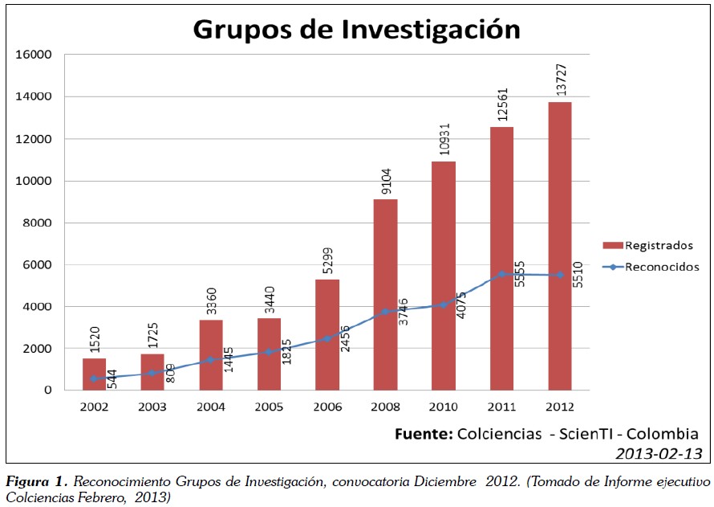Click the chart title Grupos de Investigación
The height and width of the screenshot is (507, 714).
click(356, 30)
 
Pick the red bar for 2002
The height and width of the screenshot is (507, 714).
click(94, 374)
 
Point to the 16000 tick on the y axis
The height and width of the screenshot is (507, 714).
click(34, 55)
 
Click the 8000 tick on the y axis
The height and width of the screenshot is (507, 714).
click(38, 223)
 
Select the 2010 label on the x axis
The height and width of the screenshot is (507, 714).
click(444, 406)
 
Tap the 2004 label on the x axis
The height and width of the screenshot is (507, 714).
click(211, 406)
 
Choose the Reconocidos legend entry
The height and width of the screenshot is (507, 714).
click(662, 266)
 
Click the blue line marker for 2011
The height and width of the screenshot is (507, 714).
click(502, 273)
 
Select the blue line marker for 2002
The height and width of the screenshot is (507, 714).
click(94, 378)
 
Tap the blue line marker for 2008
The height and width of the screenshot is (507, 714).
click(385, 311)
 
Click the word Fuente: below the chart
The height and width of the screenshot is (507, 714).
click(424, 434)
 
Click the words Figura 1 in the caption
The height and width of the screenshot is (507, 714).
click(37, 482)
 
